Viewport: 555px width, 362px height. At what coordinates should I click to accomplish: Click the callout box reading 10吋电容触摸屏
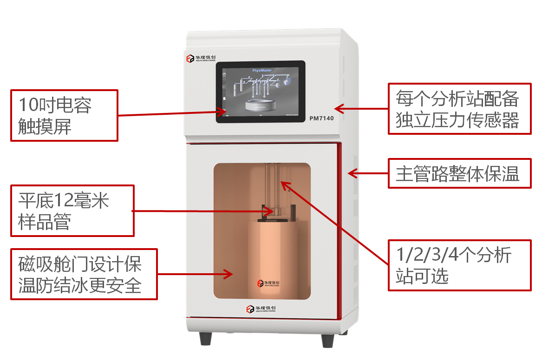(x=64, y=115)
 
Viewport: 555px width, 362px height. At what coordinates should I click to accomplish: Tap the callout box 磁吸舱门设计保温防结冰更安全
(x=84, y=274)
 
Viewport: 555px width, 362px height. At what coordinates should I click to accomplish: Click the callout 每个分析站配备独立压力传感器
(x=459, y=109)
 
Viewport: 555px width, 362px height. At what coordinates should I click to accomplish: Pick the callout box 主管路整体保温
(x=459, y=173)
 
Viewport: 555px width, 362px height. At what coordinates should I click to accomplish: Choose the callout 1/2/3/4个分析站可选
(x=459, y=265)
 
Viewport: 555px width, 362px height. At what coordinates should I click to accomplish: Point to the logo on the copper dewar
(x=268, y=283)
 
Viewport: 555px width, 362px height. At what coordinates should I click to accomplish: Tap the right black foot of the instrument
(x=327, y=340)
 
